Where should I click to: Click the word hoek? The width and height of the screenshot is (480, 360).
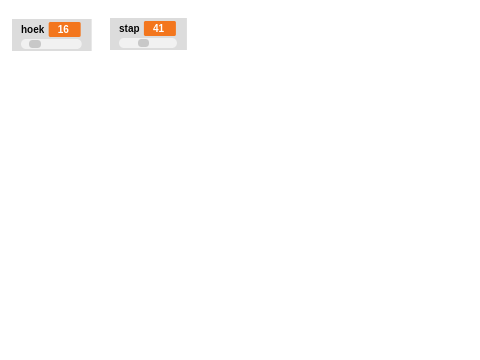(x=32, y=30)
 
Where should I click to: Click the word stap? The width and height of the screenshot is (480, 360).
(x=129, y=29)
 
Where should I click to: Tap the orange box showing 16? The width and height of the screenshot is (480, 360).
(x=64, y=30)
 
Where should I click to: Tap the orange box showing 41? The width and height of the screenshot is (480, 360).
(x=159, y=29)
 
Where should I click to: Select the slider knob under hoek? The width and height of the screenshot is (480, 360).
(x=35, y=44)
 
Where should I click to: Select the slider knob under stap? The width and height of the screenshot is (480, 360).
(x=143, y=43)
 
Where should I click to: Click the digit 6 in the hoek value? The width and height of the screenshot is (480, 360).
(x=66, y=30)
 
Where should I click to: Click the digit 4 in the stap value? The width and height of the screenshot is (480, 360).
(x=156, y=29)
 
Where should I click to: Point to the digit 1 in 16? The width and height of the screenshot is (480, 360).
(x=60, y=30)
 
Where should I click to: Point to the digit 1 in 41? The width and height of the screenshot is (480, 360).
(x=162, y=29)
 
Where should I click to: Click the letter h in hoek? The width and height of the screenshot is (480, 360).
(x=24, y=30)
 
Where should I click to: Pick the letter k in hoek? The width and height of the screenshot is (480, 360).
(x=41, y=30)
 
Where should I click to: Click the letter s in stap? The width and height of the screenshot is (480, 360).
(x=122, y=29)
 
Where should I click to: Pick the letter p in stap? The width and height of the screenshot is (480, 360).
(x=137, y=30)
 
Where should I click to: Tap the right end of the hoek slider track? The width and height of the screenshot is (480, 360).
(x=79, y=44)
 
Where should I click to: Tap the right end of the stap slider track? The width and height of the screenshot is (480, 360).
(x=174, y=43)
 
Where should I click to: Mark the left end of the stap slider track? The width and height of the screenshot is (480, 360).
(x=121, y=43)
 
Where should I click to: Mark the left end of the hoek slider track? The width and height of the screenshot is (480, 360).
(x=23, y=44)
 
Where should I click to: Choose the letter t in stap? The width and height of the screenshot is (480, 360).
(x=126, y=29)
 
